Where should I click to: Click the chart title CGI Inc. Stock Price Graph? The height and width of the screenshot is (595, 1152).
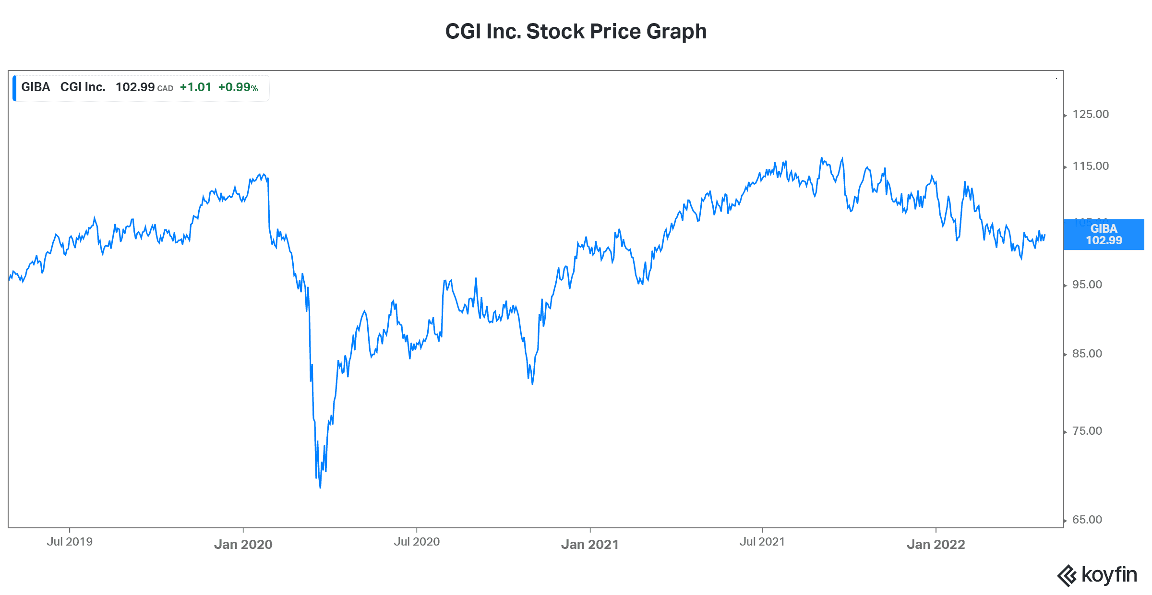point(576,32)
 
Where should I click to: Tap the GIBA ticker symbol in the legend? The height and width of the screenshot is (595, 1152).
point(36,87)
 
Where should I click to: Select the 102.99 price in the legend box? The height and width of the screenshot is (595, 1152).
point(135,87)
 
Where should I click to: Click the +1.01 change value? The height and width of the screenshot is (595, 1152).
point(195,87)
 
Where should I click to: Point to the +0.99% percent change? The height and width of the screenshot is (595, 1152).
point(238,87)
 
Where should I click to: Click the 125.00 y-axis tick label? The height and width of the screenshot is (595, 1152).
point(1091,114)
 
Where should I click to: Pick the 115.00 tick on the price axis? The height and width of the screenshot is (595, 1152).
point(1091,166)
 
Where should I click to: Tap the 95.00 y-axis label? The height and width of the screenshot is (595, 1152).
point(1087,285)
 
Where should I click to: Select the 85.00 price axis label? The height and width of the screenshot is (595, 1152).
point(1087,354)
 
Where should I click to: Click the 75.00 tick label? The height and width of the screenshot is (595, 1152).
point(1087,431)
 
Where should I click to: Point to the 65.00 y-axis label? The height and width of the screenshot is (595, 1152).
point(1087,520)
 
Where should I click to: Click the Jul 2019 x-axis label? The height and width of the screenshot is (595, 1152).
point(70,542)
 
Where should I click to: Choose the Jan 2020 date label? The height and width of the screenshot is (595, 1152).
point(243,545)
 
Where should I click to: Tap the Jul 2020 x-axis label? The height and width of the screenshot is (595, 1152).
point(417,542)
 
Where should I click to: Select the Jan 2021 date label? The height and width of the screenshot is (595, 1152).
point(590,545)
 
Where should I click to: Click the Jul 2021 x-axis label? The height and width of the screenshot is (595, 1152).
point(762,542)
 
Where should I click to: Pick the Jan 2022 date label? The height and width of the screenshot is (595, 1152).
point(936,545)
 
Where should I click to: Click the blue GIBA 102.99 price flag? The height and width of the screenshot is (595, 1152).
point(1104,235)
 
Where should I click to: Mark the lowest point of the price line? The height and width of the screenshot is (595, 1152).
point(320,488)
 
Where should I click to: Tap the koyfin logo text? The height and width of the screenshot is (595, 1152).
point(1109,575)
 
